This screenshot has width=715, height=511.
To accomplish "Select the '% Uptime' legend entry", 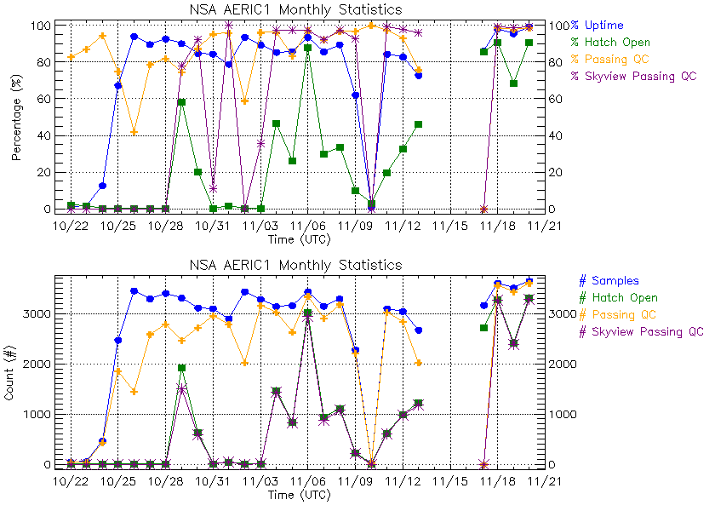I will pyautogui.click(x=597, y=26).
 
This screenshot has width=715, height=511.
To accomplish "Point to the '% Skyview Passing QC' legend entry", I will pyautogui.click(x=634, y=76).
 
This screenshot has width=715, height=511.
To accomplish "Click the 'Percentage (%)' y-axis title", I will pyautogui.click(x=17, y=118).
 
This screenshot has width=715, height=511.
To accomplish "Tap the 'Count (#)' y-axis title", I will pyautogui.click(x=17, y=372).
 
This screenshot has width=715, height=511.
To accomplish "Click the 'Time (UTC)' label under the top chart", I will pyautogui.click(x=293, y=239).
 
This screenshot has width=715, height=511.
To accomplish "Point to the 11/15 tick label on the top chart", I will pyautogui.click(x=450, y=226).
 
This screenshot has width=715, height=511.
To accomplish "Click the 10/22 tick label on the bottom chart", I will pyautogui.click(x=71, y=481).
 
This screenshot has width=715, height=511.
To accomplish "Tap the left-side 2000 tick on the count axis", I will pyautogui.click(x=37, y=364).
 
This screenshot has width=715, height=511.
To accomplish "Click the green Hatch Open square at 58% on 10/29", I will pyautogui.click(x=181, y=102).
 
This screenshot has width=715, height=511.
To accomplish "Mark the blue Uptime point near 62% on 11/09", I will pyautogui.click(x=355, y=95).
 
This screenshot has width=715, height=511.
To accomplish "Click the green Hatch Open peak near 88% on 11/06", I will pyautogui.click(x=307, y=49).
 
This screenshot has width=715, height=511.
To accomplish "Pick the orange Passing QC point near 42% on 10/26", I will pyautogui.click(x=134, y=132).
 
